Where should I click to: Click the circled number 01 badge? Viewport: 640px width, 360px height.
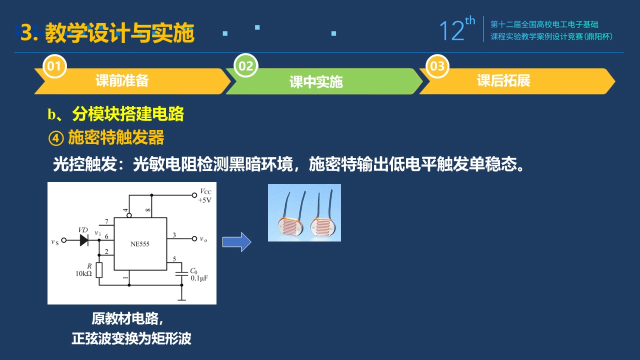[54, 66]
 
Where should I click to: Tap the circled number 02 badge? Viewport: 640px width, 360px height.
[245, 65]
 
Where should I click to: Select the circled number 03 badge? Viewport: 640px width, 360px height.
[437, 66]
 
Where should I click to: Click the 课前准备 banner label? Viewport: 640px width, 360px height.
[122, 80]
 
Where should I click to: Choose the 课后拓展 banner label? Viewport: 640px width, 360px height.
[503, 80]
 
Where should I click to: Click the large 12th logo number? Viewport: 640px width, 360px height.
[457, 29]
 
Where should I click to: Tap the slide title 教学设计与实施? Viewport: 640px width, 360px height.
[119, 33]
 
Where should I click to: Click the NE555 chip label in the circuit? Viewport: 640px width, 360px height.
[140, 244]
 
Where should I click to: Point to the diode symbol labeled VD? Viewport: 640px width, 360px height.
[84, 240]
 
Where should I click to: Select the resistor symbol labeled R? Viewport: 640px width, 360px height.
[99, 270]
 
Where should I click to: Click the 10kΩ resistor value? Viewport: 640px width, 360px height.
[83, 273]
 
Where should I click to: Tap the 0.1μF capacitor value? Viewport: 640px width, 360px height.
[199, 278]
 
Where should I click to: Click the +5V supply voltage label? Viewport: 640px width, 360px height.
[204, 200]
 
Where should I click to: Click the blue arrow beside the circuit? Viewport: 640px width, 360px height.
[237, 242]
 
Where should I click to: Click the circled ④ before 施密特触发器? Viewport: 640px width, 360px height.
[56, 138]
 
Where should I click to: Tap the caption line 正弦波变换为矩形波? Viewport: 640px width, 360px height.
[131, 339]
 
